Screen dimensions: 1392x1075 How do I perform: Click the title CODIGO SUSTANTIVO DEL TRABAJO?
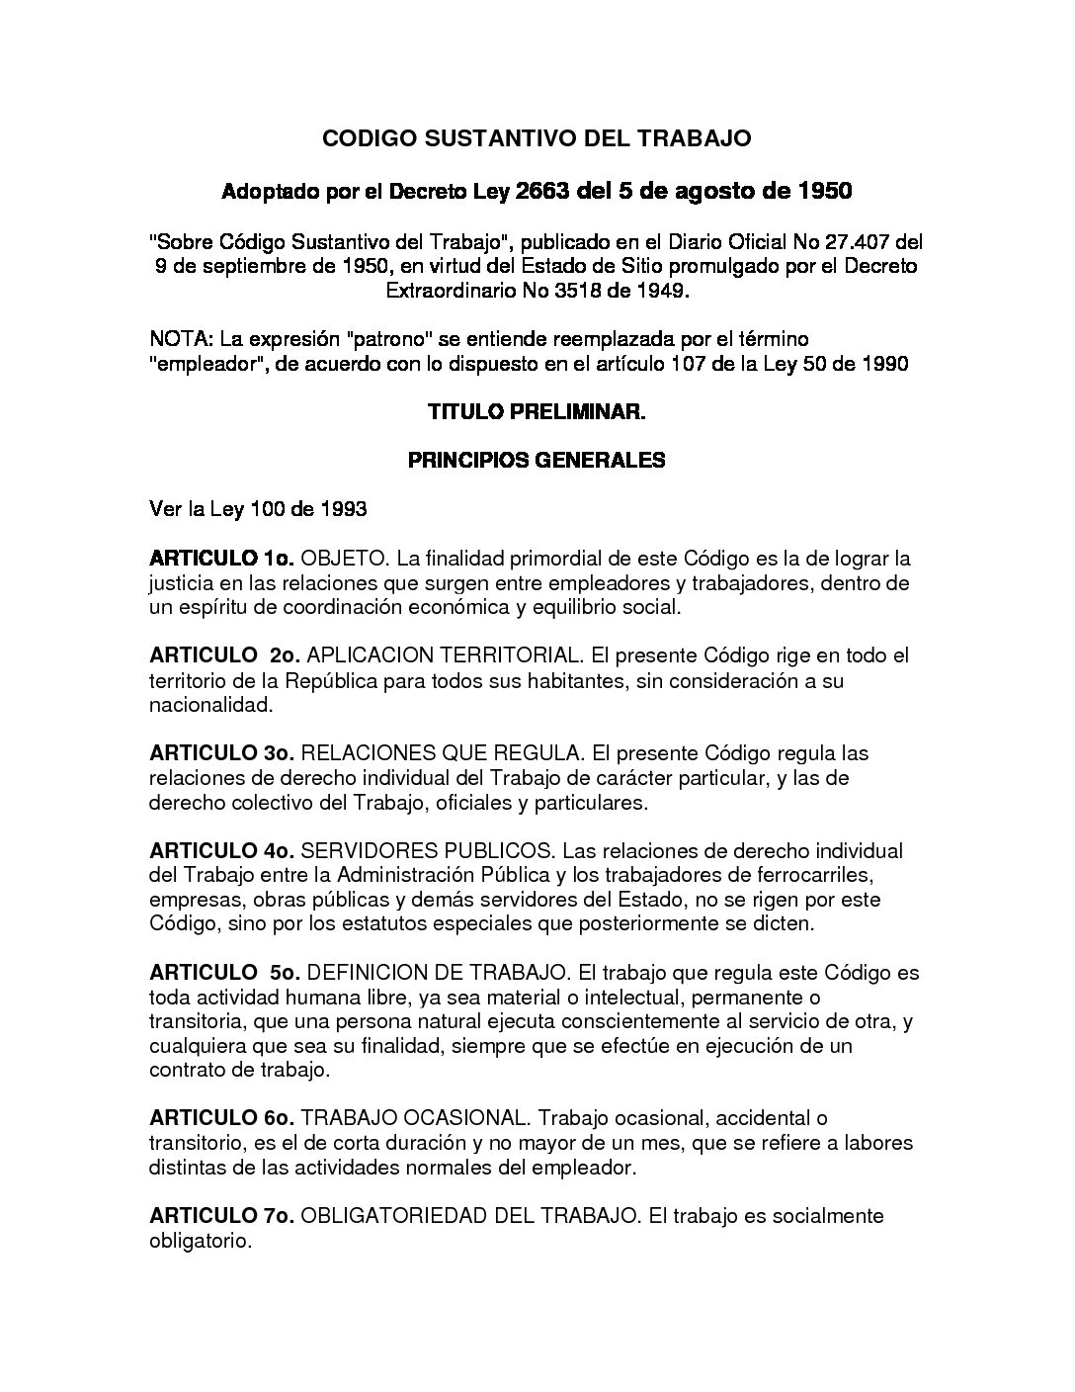click(x=537, y=138)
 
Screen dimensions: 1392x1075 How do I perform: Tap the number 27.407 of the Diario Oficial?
click(x=858, y=241)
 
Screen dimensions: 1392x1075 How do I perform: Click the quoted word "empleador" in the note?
click(x=199, y=363)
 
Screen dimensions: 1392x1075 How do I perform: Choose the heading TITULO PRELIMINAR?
click(x=537, y=411)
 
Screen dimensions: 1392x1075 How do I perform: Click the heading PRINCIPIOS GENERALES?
click(x=537, y=460)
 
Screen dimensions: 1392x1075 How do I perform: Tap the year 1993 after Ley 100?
click(x=344, y=509)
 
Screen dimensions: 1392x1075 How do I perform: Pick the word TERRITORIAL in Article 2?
click(x=517, y=655)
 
